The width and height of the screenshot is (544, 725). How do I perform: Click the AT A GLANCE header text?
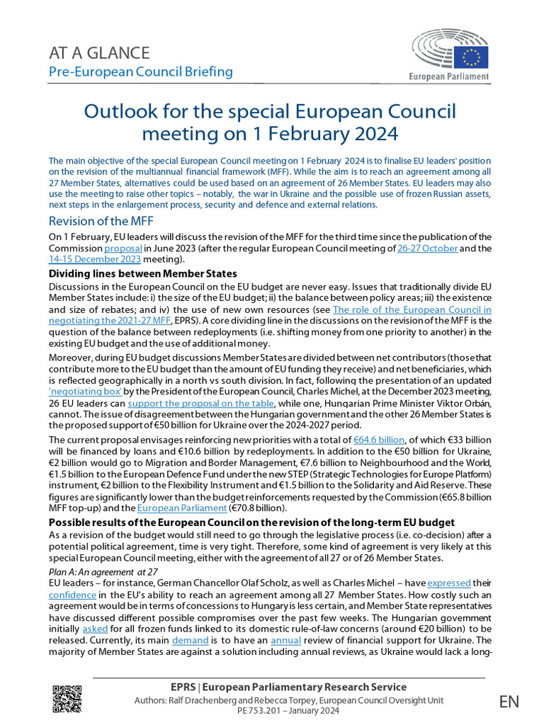[x=98, y=52]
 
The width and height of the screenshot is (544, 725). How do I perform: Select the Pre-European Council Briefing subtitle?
[x=140, y=72]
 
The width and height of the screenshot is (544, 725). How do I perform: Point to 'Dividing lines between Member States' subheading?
[x=142, y=274]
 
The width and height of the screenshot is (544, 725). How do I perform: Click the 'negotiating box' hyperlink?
[x=85, y=391]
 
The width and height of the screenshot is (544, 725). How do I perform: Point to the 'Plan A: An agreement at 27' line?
[x=103, y=571]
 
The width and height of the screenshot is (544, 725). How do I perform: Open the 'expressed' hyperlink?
[x=449, y=583]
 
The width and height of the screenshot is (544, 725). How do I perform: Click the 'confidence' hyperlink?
[x=72, y=595]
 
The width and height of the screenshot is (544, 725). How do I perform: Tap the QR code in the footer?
[x=67, y=699]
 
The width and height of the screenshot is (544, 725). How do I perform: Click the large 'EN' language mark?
[x=509, y=702]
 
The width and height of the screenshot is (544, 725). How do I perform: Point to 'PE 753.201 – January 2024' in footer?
[x=289, y=711]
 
